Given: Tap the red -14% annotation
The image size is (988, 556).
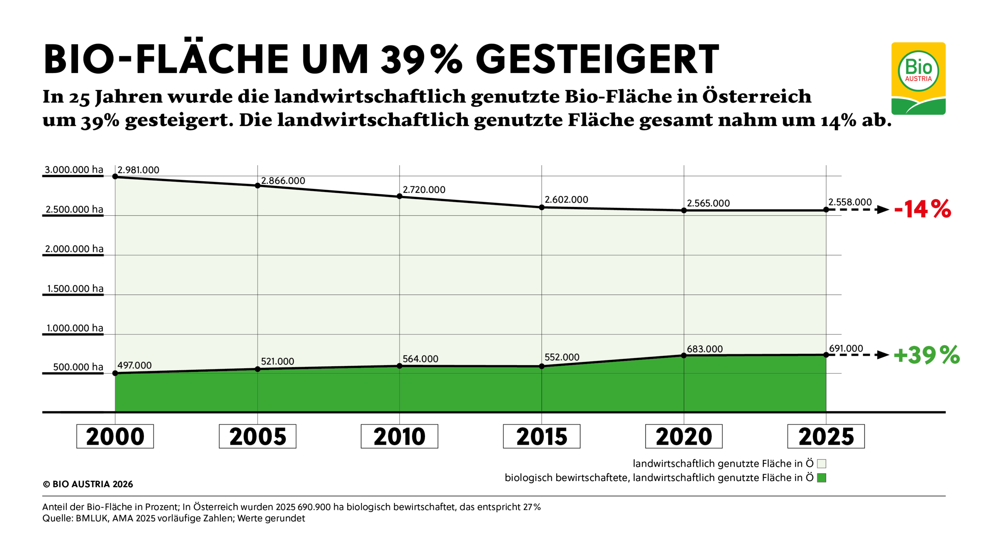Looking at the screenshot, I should pos(922,209).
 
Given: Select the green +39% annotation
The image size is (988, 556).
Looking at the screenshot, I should pos(926,355).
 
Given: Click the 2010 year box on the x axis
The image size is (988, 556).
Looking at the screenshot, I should pos(399,436).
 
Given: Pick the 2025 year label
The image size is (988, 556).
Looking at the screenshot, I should pos(826,436).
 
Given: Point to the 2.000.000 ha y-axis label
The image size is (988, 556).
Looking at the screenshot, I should pos(74,248).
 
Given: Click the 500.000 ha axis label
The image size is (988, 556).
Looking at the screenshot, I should pos(78,367).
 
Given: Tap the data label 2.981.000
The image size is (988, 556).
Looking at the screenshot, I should pos(138,170).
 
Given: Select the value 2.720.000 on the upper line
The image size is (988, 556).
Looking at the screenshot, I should pos(424,190).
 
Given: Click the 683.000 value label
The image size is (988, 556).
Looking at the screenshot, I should pos(704,349).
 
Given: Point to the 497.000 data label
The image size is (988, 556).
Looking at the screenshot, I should pos(134,365).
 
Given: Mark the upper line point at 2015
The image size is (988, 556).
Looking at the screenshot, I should pos(541,207).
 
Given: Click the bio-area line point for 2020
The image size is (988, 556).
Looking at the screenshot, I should pos(683,355).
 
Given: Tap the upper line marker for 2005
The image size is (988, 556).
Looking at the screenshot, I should pos(257,186).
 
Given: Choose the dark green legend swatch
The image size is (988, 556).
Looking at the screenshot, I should pos(821,478).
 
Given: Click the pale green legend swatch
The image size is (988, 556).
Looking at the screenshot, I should pos(821,464).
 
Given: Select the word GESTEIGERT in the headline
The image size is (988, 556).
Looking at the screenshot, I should pos(597,60).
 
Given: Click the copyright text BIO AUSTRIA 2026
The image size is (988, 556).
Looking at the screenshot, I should pos(88,484).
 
